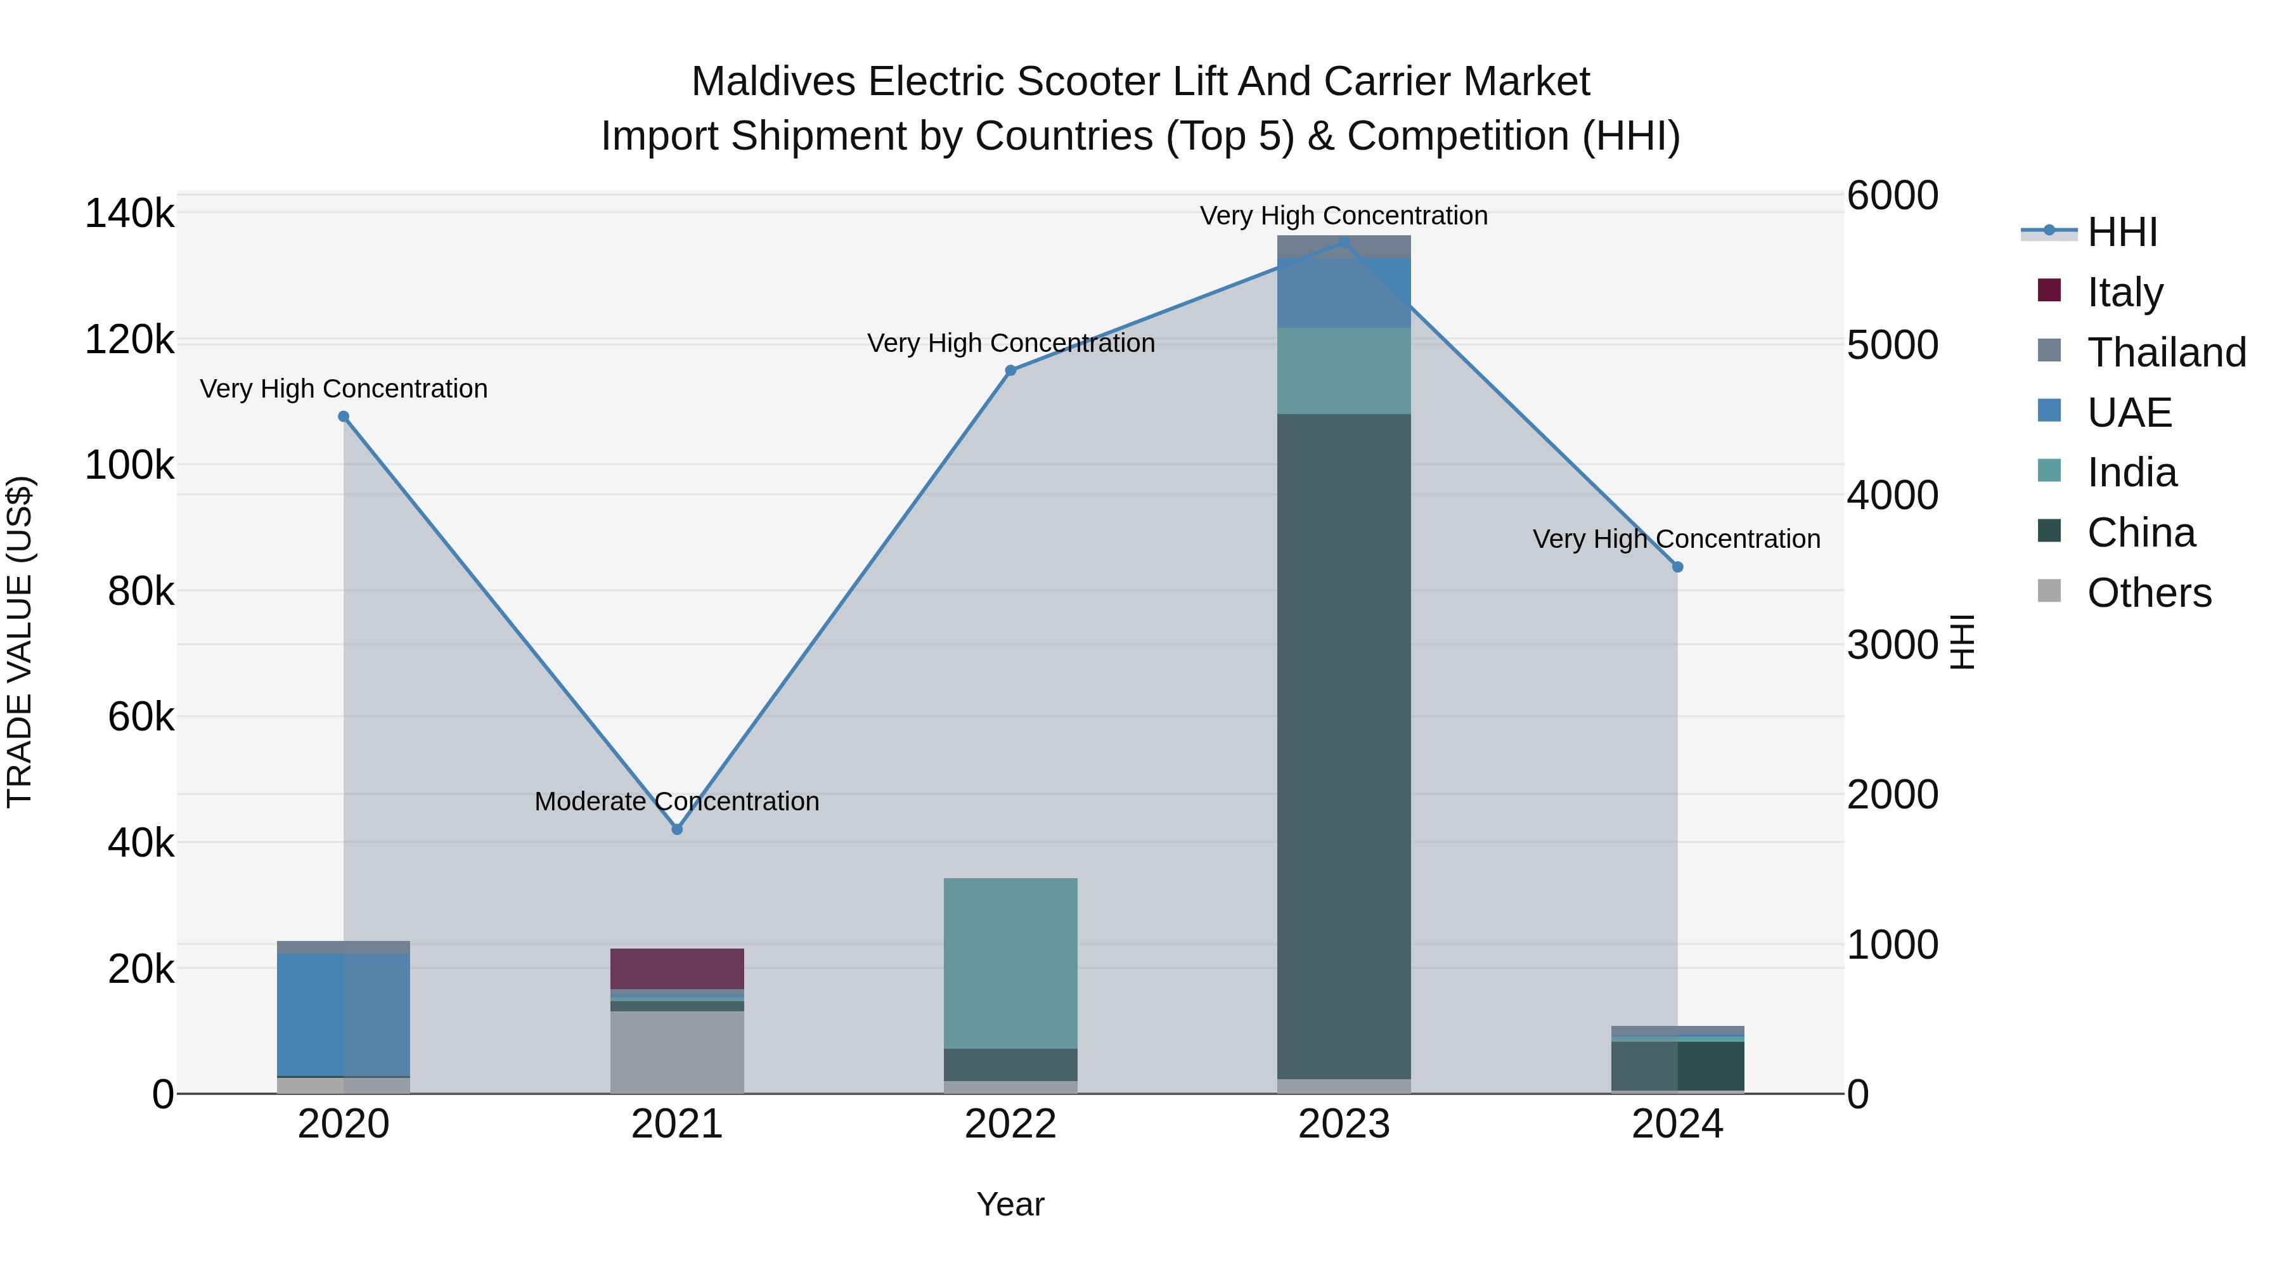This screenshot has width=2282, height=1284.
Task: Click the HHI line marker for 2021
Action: point(677,829)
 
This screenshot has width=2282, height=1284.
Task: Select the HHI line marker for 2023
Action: point(1344,242)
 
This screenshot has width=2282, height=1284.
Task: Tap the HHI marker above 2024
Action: point(1677,567)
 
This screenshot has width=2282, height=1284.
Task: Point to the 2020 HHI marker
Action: point(344,417)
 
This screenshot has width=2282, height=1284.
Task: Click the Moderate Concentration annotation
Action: point(677,801)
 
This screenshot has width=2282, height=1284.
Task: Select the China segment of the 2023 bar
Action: point(1344,744)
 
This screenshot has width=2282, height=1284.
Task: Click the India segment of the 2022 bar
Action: point(1010,963)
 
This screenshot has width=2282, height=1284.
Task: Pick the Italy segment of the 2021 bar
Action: point(677,968)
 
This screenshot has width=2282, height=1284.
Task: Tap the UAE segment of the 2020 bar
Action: point(344,1015)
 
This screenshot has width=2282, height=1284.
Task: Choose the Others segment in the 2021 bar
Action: point(677,1052)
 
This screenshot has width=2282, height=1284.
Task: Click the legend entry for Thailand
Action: point(2166,353)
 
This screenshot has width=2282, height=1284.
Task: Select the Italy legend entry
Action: point(2124,292)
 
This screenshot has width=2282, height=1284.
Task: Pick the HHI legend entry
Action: point(2121,232)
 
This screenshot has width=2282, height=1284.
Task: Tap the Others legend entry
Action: point(2148,593)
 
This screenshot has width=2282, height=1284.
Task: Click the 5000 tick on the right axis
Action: point(1892,346)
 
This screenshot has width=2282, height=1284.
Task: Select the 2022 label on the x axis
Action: point(1010,1124)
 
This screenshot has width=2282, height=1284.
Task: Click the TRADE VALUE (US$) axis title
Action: point(20,642)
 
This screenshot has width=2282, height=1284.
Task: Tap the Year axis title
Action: point(1010,1204)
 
